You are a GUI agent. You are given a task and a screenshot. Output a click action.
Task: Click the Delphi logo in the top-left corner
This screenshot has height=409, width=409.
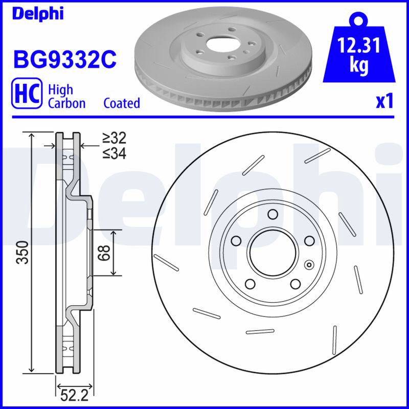coord(38,14)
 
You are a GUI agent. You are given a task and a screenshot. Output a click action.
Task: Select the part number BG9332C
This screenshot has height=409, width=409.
coord(65,60)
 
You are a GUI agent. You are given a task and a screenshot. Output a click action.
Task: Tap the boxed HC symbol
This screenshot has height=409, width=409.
coord(27,93)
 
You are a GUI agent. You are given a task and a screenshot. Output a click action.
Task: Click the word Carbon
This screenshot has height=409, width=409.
coord(67,103)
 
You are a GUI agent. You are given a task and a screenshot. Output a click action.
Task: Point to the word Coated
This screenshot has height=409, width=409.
coord(122,103)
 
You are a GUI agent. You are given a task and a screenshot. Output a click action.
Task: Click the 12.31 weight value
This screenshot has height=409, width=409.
coord(359,46)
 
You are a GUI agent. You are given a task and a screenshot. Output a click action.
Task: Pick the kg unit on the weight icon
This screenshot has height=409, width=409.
coord(359,65)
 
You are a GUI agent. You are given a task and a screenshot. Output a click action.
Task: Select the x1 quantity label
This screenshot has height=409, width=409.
coord(384,101)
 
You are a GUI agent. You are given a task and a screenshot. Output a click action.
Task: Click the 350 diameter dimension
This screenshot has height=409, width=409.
coord(22,253)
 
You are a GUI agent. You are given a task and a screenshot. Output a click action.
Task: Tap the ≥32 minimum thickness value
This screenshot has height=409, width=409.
coord(114,138)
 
